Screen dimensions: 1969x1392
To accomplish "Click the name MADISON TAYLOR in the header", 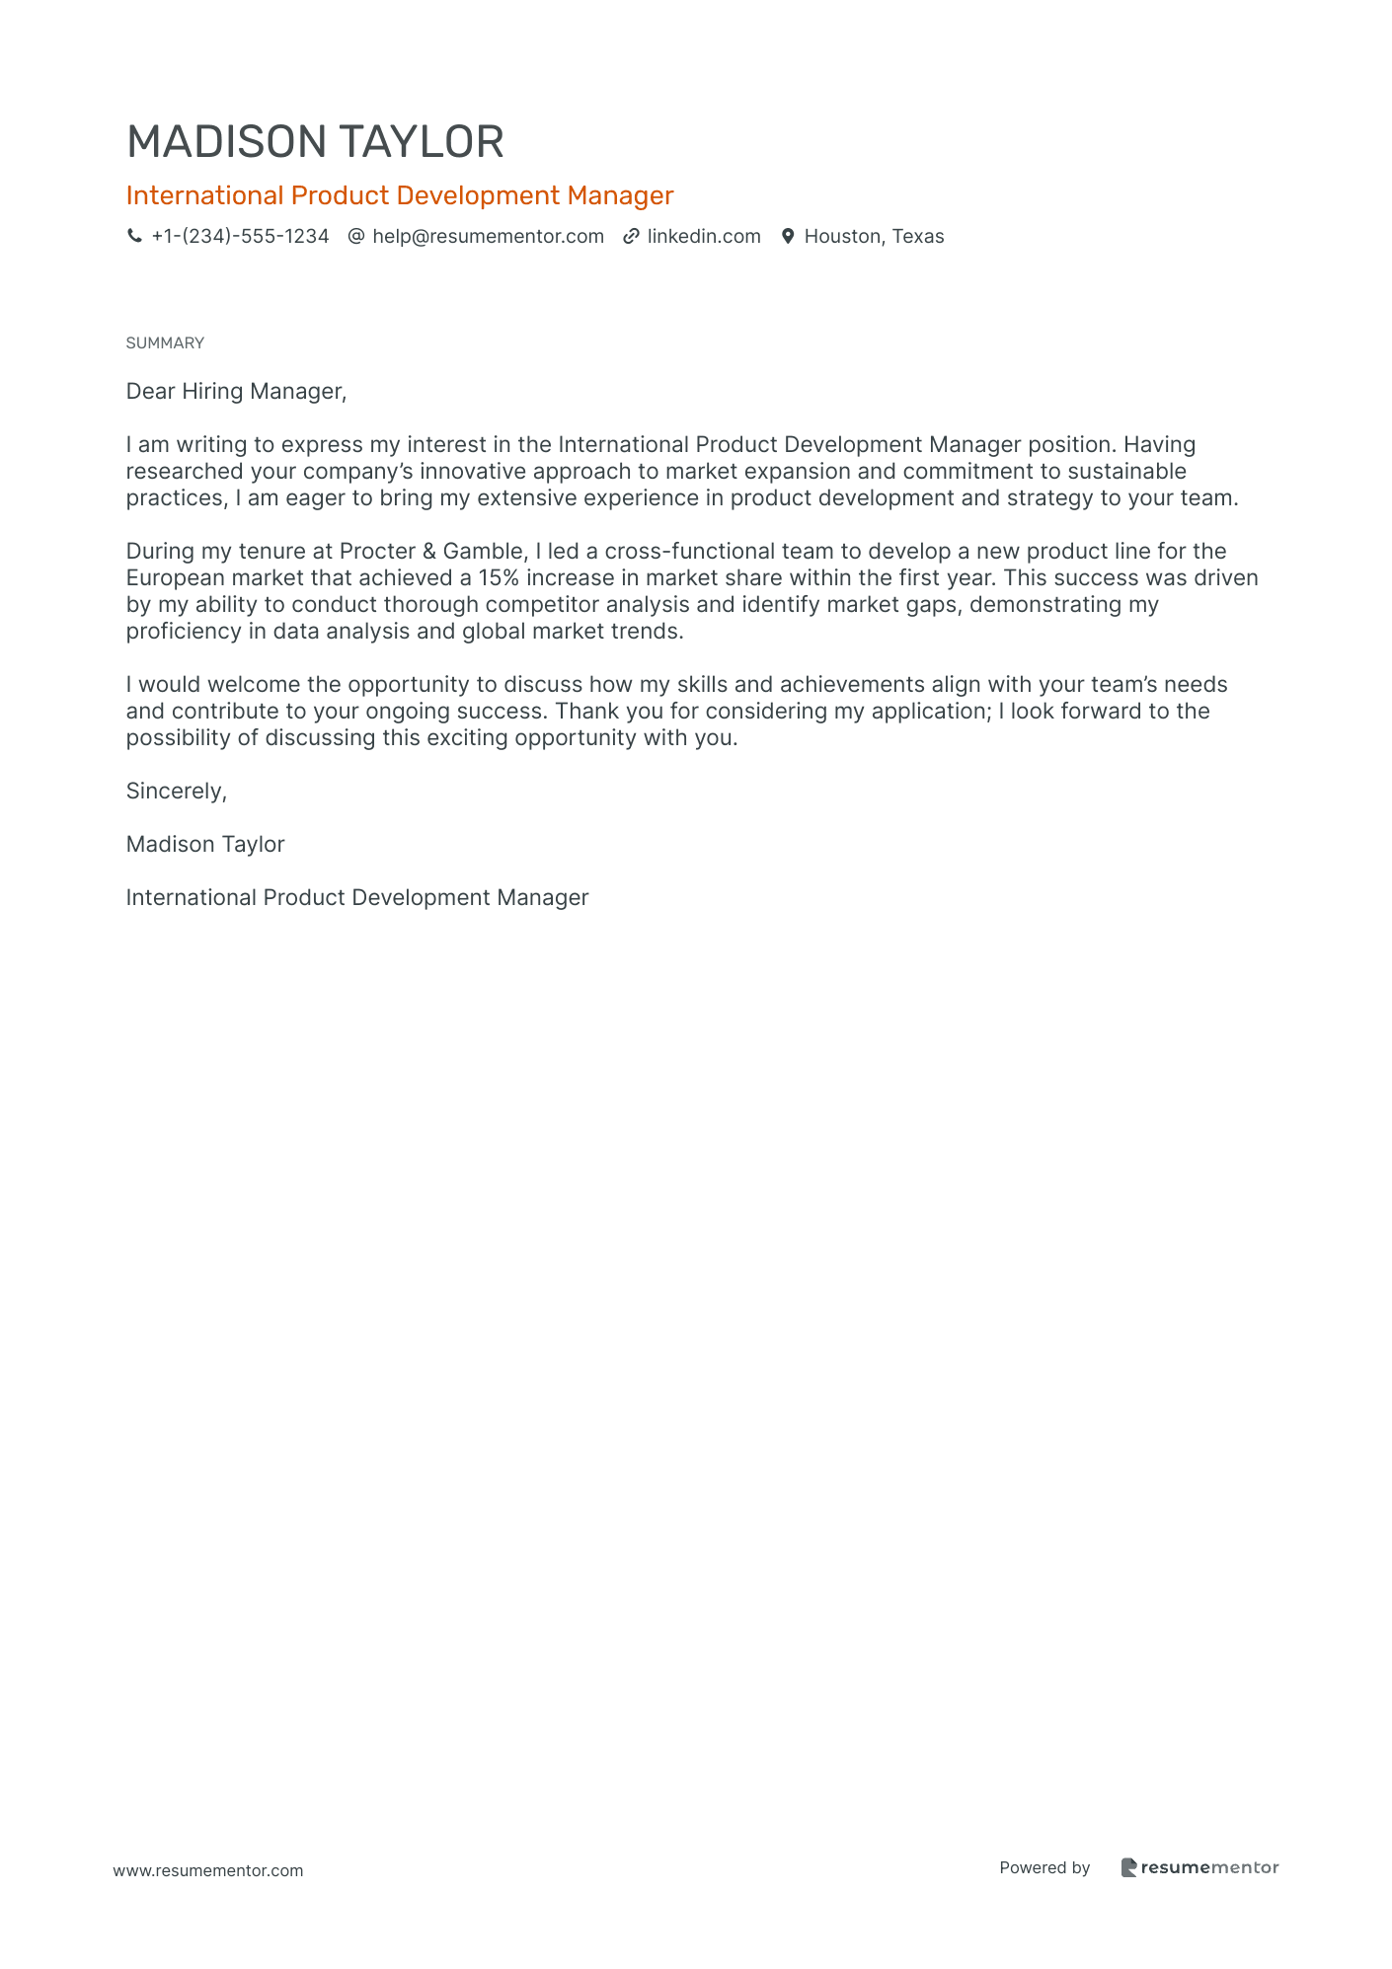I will tap(315, 142).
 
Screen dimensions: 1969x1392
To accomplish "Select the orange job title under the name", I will tap(400, 195).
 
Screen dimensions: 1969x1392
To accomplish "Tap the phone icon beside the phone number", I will tap(134, 236).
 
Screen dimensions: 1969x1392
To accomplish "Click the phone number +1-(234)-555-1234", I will tap(240, 236).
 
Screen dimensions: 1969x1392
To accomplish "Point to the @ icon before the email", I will tap(356, 236).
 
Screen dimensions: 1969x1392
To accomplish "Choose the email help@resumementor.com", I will tap(488, 236).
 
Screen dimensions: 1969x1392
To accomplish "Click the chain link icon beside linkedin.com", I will tap(631, 236).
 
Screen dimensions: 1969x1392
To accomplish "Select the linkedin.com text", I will tap(704, 236).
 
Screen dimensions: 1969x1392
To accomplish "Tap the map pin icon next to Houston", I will tap(788, 236).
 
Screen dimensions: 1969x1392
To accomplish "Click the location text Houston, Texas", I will tap(874, 236).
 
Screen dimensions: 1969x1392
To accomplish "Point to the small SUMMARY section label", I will tap(165, 342).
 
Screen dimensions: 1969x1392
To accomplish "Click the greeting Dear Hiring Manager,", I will tap(237, 391).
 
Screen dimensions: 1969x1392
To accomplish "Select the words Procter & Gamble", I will tap(431, 551).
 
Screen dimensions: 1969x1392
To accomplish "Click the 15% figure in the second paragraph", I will tap(499, 577).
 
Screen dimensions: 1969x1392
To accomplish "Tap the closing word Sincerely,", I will tap(177, 791).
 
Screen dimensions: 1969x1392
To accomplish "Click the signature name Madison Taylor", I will tap(205, 844).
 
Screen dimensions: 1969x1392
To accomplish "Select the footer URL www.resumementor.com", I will tap(208, 1870).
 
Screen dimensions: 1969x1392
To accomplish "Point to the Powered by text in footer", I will tap(1044, 1867).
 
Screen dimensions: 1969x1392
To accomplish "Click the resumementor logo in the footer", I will tap(1199, 1867).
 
